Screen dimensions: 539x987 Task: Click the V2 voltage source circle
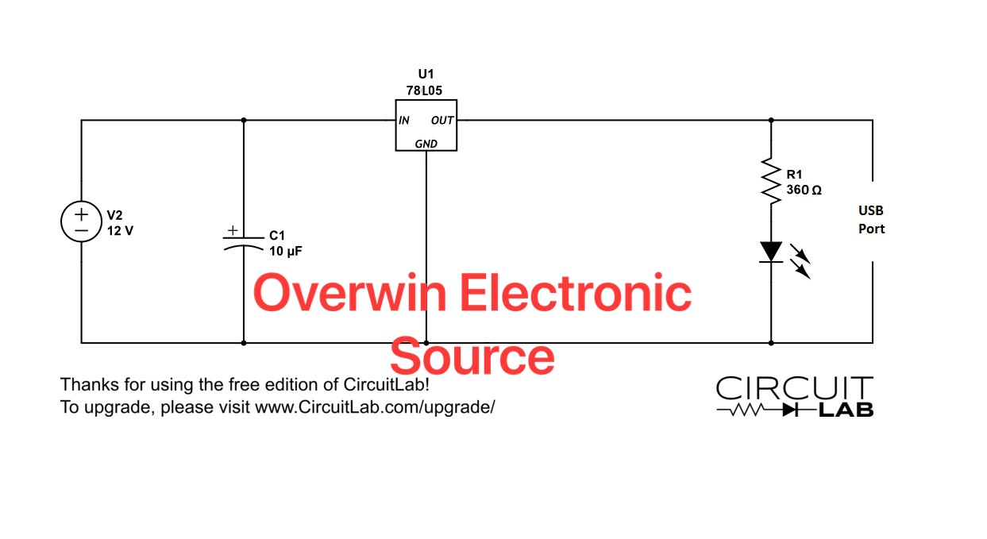pos(81,223)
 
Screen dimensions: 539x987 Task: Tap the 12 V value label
pos(120,231)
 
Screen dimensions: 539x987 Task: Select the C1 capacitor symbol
pos(243,241)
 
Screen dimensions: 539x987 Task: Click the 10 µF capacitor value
pos(286,250)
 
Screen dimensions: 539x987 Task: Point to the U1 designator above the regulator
pos(426,75)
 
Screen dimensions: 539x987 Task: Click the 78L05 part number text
pos(426,90)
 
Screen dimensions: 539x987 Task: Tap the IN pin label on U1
pos(404,121)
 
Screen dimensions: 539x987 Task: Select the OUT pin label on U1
pos(441,121)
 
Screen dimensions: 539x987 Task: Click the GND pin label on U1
pos(426,144)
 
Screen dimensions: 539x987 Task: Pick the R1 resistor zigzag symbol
pos(770,179)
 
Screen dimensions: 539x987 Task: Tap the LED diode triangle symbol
pos(770,252)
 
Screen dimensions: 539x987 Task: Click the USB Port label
pos(870,220)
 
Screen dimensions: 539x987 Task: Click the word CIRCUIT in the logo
pos(794,389)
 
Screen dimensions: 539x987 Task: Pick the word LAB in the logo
pos(846,410)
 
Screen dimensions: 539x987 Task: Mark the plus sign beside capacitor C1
pos(232,230)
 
